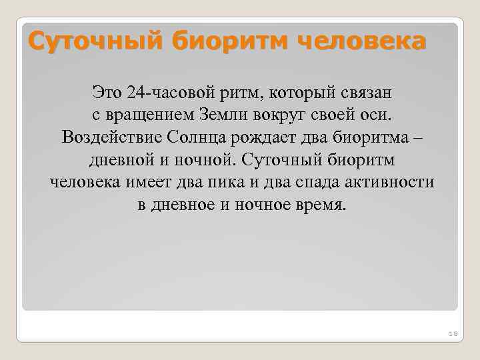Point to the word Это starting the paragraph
click(x=107, y=91)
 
